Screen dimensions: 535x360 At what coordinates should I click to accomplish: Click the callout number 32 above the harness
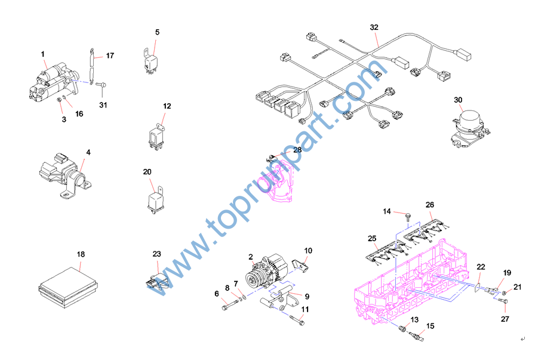(x=374, y=27)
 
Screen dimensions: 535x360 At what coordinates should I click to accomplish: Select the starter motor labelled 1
(x=54, y=82)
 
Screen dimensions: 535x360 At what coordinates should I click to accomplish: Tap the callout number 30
(x=458, y=100)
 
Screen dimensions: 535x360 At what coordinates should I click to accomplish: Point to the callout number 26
(x=429, y=205)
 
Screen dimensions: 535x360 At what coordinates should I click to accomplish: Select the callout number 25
(x=372, y=239)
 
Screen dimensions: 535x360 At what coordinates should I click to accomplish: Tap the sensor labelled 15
(x=417, y=336)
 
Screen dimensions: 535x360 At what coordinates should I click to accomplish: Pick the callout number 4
(x=88, y=152)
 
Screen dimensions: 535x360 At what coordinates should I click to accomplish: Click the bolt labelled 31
(x=101, y=85)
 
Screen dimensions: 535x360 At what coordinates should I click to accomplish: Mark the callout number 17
(x=110, y=56)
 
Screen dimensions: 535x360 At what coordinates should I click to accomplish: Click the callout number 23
(x=156, y=254)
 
